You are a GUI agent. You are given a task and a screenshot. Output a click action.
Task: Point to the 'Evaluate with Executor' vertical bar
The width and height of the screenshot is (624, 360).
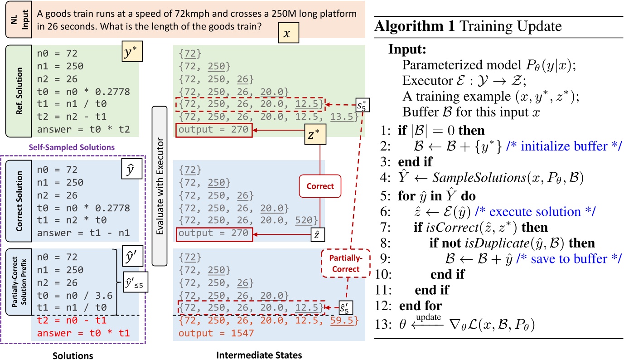click(x=160, y=186)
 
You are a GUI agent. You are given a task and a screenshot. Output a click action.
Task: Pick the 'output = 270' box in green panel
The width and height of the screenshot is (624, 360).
click(x=213, y=130)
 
